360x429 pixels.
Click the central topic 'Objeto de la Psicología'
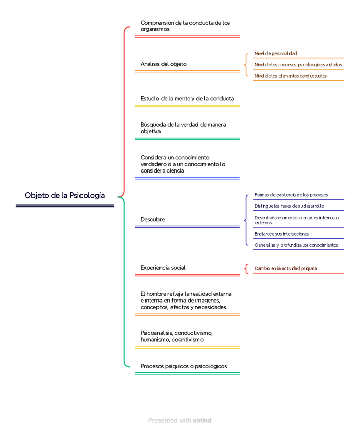(65, 195)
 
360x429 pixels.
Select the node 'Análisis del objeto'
(164, 64)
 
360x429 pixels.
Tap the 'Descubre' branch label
(152, 219)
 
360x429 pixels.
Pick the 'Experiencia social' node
(163, 267)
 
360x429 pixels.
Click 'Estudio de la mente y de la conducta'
(187, 98)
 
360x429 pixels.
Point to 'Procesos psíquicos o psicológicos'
(184, 366)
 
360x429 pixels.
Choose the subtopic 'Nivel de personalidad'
(275, 53)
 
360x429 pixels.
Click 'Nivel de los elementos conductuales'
(290, 76)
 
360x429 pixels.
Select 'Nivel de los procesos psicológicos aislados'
(298, 65)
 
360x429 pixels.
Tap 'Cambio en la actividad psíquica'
(286, 268)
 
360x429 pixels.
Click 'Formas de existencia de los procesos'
(291, 195)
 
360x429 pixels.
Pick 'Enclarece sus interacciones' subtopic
(282, 234)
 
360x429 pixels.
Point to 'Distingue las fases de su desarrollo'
(289, 206)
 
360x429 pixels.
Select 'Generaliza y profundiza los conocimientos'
(296, 245)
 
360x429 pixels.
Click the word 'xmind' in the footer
(202, 420)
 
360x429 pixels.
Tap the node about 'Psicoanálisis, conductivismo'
(176, 336)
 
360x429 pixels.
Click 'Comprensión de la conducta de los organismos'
(185, 26)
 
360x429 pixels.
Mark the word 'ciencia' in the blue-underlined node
(173, 170)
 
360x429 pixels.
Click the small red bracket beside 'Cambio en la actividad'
(246, 269)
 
